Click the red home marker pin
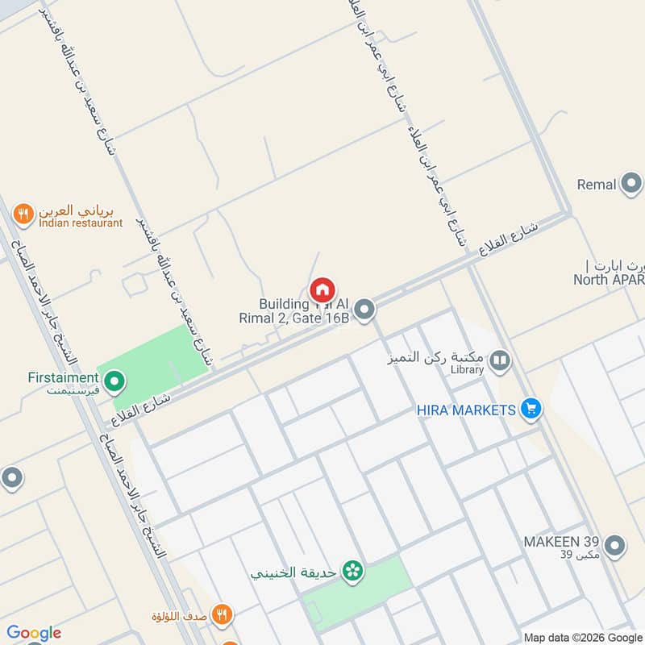click(x=322, y=290)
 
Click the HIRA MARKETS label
click(x=466, y=410)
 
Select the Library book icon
click(x=500, y=360)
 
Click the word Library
click(x=468, y=370)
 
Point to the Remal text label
click(x=597, y=185)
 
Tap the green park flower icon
click(x=352, y=572)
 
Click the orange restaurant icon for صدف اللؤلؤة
click(x=223, y=615)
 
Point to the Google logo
click(x=34, y=633)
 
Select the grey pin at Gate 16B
click(x=364, y=309)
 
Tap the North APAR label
click(x=609, y=281)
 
